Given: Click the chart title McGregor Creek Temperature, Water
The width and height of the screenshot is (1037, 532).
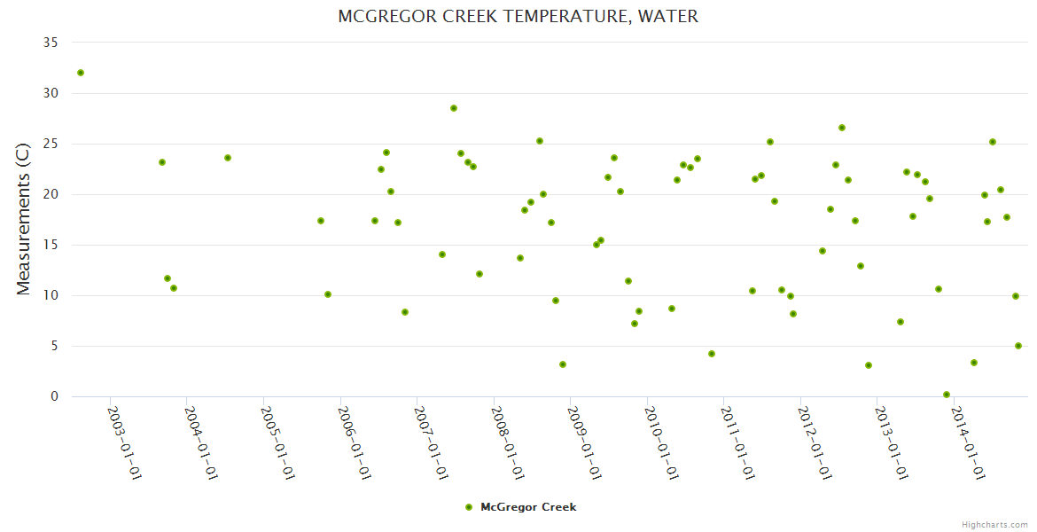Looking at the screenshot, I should click(x=518, y=17).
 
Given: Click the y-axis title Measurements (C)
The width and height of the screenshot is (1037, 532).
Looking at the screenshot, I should click(x=24, y=218).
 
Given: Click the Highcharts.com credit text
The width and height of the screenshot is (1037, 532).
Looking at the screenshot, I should click(x=995, y=524).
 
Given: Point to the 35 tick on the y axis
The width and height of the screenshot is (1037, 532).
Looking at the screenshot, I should click(x=51, y=43).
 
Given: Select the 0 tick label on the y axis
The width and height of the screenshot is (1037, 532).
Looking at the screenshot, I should click(x=54, y=396).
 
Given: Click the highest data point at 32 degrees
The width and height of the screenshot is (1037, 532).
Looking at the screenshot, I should click(x=81, y=73).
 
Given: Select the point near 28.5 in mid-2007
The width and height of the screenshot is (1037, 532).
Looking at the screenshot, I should click(x=454, y=108).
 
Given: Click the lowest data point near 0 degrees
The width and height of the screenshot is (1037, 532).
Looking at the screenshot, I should click(x=947, y=395).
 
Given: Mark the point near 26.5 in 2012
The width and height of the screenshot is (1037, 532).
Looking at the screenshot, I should click(x=842, y=128).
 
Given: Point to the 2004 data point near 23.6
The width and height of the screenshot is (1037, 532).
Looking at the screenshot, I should click(x=228, y=158).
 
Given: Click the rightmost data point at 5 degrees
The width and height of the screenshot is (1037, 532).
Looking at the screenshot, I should click(x=1018, y=346).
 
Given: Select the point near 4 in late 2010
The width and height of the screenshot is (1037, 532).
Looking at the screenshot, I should click(x=712, y=354).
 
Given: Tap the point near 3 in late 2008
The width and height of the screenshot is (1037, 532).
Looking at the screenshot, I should click(x=563, y=364).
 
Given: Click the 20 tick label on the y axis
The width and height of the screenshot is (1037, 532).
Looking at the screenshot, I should click(x=51, y=194).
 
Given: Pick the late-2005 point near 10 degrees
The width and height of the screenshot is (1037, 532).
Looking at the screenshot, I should click(x=328, y=294).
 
